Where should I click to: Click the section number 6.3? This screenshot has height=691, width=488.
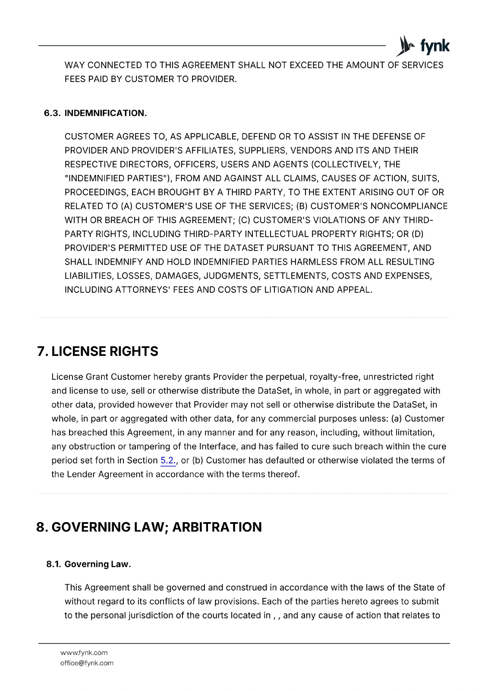(x=53, y=113)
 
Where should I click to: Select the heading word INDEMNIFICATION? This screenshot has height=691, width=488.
(x=105, y=113)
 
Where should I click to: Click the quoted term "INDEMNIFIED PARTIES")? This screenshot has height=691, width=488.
(x=118, y=178)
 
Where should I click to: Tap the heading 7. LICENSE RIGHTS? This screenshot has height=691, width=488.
(x=98, y=351)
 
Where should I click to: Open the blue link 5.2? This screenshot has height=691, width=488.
(x=168, y=460)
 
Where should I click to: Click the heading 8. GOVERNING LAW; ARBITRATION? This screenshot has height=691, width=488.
(x=149, y=527)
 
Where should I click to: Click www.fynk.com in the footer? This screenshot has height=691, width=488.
(x=84, y=653)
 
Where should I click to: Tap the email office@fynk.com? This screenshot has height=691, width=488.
(x=87, y=663)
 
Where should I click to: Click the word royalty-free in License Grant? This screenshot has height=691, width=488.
(x=334, y=377)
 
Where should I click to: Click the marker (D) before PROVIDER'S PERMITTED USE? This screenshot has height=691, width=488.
(x=418, y=234)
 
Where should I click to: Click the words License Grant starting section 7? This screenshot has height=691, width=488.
(x=80, y=377)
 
